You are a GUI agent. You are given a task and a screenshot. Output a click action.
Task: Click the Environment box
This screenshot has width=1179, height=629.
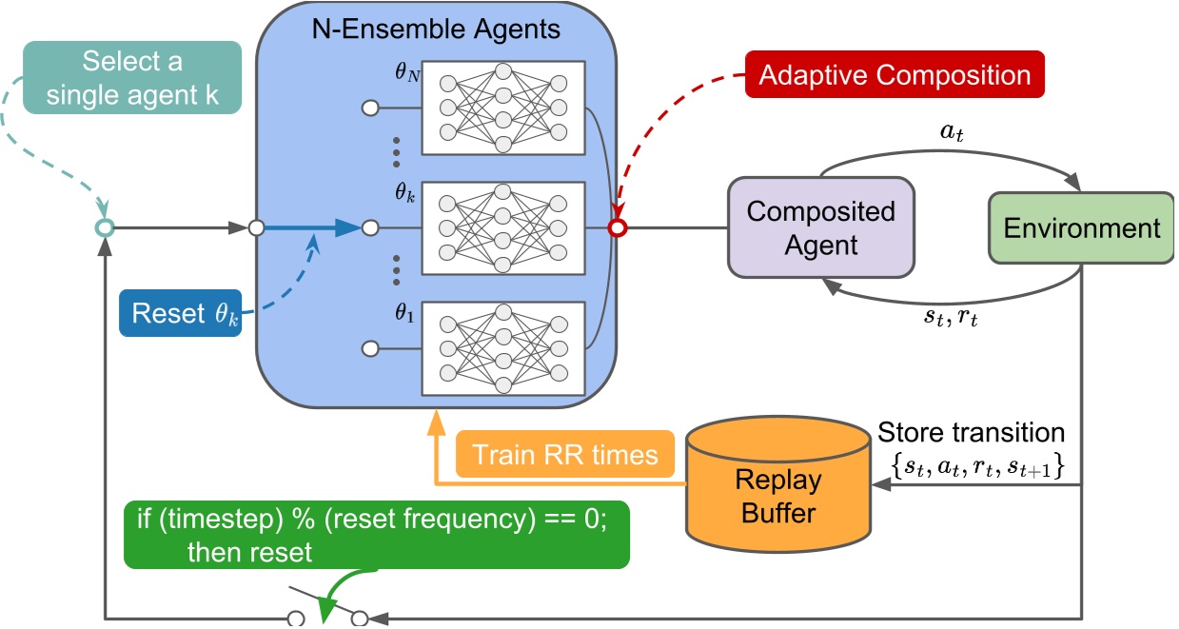pos(1082,228)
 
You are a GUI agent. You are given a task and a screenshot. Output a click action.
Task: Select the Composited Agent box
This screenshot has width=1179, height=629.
pos(820,227)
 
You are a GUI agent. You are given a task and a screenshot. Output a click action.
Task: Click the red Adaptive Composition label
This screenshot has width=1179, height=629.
pos(894,75)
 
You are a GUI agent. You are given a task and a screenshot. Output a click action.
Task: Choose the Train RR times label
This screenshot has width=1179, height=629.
pos(565,454)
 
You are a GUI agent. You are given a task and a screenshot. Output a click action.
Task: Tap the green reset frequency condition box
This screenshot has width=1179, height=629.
pos(376,535)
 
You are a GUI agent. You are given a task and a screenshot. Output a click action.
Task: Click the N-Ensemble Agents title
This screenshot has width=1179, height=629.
pos(437,29)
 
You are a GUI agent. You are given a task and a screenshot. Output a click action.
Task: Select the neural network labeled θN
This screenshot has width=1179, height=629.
pos(503,108)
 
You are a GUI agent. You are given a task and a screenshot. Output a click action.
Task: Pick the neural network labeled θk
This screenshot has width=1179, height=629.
pos(503,228)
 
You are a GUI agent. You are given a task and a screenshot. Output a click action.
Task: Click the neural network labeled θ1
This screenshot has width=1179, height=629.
pos(503,348)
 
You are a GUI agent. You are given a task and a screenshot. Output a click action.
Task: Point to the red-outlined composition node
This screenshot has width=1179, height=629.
pos(617,228)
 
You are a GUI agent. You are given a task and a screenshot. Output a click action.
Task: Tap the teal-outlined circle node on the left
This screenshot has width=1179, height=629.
pos(105,227)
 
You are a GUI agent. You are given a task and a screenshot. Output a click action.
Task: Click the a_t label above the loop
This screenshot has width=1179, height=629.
pos(952,132)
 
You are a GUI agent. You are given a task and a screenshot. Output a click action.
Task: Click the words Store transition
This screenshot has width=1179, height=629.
pos(971,433)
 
